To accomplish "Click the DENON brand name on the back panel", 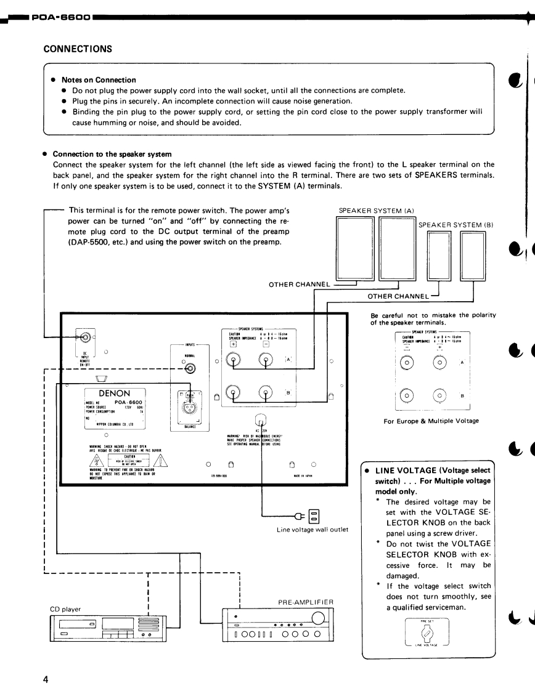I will click(114, 392).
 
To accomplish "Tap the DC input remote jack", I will click(84, 337).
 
